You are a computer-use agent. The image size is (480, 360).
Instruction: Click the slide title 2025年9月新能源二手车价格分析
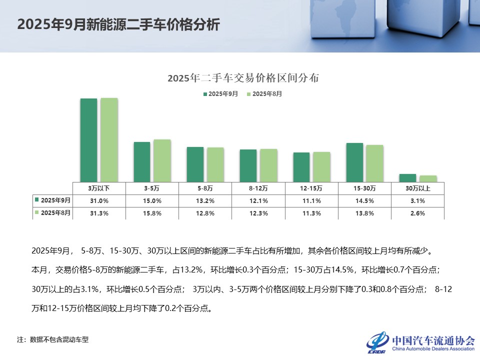pyautogui.click(x=118, y=25)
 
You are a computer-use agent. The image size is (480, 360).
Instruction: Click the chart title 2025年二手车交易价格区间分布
pyautogui.click(x=243, y=78)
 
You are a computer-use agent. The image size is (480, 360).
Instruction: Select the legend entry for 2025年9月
pyautogui.click(x=220, y=93)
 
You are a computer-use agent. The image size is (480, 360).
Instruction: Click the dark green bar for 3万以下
pyautogui.click(x=89, y=140)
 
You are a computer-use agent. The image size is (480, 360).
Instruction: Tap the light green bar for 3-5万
pyautogui.click(x=162, y=160)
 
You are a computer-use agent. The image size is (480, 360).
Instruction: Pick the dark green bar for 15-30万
pyautogui.click(x=354, y=162)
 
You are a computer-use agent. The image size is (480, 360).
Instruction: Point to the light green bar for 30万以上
pyautogui.click(x=428, y=178)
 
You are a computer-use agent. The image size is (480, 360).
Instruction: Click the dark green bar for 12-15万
pyautogui.click(x=301, y=167)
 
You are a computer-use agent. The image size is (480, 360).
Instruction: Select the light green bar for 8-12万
pyautogui.click(x=268, y=165)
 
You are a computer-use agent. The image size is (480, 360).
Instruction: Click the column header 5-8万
pyautogui.click(x=205, y=188)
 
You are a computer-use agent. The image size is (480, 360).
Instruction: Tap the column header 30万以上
pyautogui.click(x=417, y=188)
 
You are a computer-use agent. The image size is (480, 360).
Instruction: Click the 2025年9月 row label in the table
pyautogui.click(x=53, y=200)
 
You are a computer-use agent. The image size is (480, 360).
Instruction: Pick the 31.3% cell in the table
pyautogui.click(x=99, y=213)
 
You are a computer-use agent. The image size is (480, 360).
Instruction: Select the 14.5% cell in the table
pyautogui.click(x=364, y=200)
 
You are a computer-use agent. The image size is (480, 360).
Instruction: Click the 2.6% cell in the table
pyautogui.click(x=417, y=213)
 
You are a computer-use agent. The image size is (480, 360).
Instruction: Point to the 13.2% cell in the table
pyautogui.click(x=205, y=200)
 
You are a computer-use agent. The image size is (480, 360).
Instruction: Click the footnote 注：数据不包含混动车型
pyautogui.click(x=53, y=339)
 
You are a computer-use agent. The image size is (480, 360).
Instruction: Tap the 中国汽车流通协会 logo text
pyautogui.click(x=433, y=340)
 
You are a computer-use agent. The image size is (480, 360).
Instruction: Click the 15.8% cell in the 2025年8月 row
pyautogui.click(x=152, y=213)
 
